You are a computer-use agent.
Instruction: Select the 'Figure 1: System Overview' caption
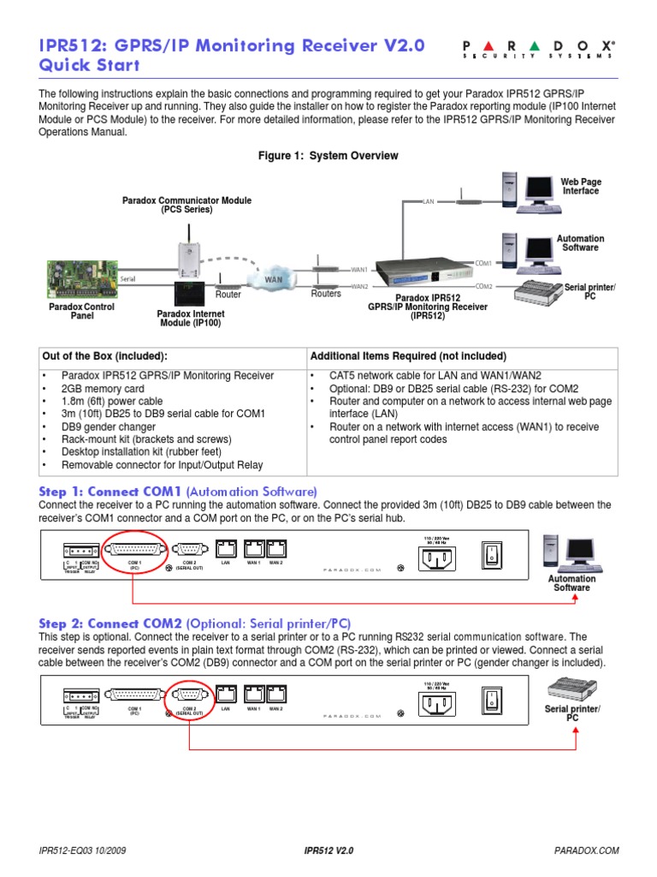pyautogui.click(x=328, y=156)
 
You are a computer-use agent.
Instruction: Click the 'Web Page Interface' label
pyautogui.click(x=580, y=187)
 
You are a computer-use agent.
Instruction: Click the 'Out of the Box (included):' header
pyautogui.click(x=105, y=356)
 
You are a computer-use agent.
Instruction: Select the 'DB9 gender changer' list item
pyautogui.click(x=108, y=427)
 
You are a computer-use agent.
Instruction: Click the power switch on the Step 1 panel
pyautogui.click(x=492, y=554)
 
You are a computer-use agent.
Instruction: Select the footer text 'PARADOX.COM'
pyautogui.click(x=586, y=851)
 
